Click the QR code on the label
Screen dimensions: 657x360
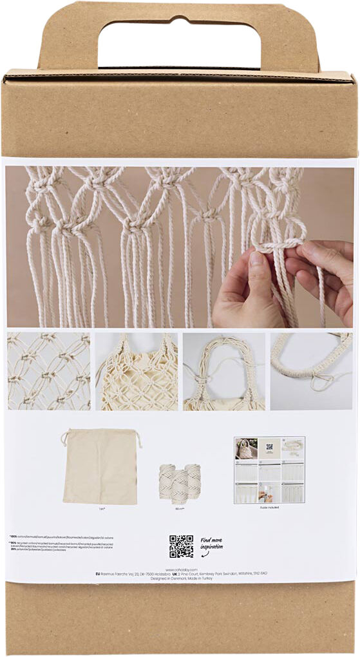pyautogui.click(x=181, y=546)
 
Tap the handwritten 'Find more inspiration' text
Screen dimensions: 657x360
pyautogui.click(x=212, y=545)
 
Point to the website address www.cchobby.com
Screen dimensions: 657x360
pyautogui.click(x=181, y=569)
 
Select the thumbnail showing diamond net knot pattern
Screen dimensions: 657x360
pyautogui.click(x=49, y=371)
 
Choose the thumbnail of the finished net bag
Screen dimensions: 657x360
pyautogui.click(x=137, y=371)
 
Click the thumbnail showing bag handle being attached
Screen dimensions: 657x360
pyautogui.click(x=223, y=371)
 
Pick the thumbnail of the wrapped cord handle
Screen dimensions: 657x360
pyautogui.click(x=311, y=371)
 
